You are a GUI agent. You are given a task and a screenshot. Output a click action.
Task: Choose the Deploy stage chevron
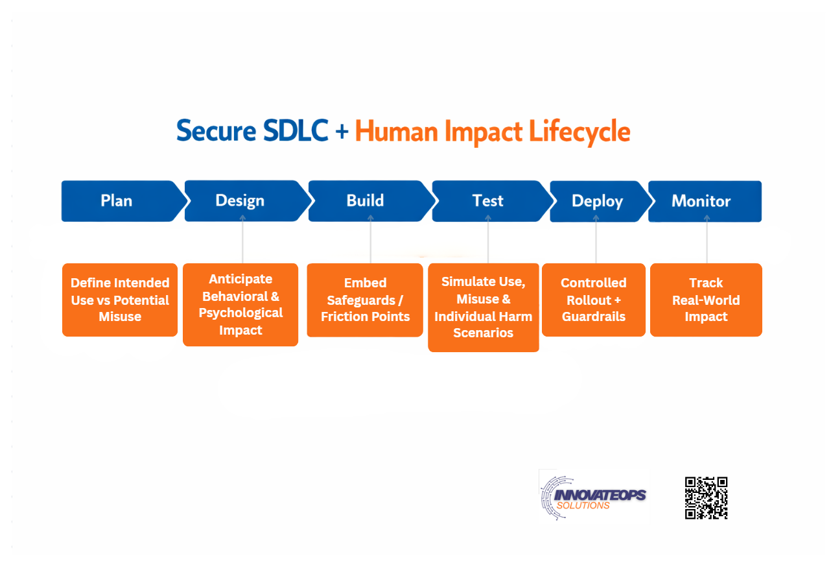[598, 202]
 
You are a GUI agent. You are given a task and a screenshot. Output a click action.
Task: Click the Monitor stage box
[705, 202]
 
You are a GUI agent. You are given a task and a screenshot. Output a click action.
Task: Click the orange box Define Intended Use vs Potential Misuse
[120, 300]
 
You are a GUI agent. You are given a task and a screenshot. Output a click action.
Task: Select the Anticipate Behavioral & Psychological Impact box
[240, 304]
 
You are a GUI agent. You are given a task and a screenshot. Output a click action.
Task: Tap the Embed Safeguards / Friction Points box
[365, 300]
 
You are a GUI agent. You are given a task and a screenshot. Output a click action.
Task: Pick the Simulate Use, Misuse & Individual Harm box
[484, 307]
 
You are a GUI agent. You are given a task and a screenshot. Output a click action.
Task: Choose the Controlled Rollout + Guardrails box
[594, 300]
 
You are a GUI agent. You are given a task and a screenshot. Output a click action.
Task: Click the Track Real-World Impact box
[706, 300]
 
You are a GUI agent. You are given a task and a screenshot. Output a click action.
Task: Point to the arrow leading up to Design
[243, 241]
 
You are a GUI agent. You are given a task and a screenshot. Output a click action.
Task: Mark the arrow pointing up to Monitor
[707, 240]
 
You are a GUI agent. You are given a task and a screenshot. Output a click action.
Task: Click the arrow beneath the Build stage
[371, 240]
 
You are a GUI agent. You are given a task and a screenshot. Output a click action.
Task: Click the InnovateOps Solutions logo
[593, 496]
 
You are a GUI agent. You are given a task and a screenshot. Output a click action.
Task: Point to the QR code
[706, 498]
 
